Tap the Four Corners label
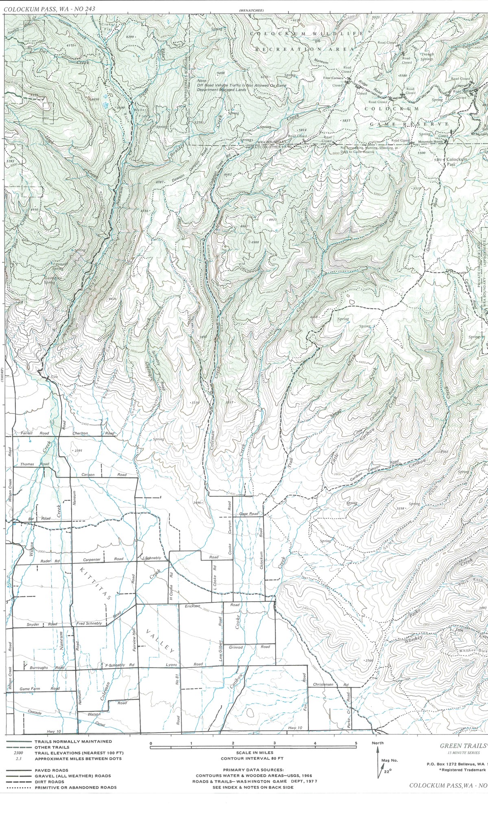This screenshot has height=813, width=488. pyautogui.click(x=333, y=78)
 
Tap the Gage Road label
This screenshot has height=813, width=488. pyautogui.click(x=249, y=514)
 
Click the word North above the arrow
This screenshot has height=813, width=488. pyautogui.click(x=377, y=743)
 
